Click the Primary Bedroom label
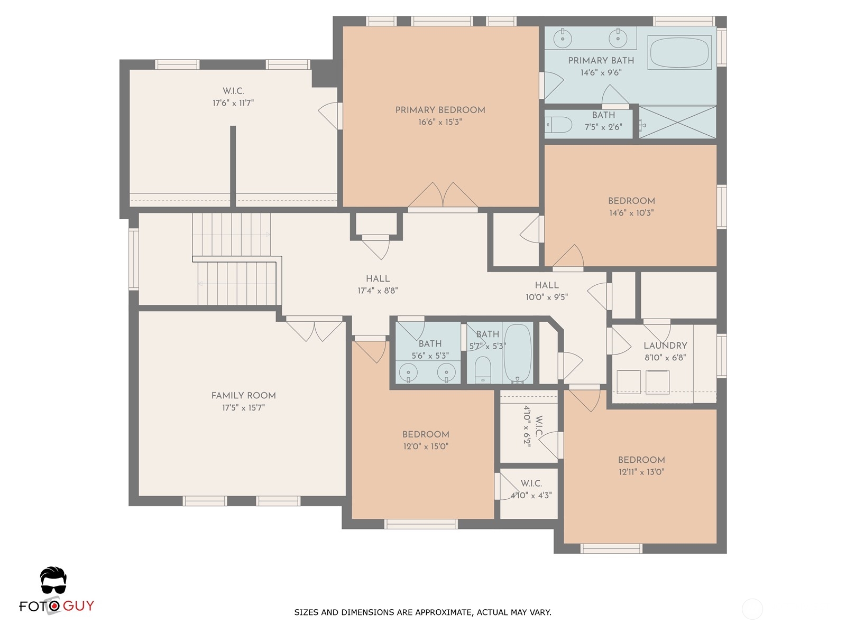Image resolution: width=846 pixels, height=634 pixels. click(440, 110)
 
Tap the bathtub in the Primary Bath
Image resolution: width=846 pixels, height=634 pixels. click(679, 53)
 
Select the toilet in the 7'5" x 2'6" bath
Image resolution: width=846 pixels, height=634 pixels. click(558, 125)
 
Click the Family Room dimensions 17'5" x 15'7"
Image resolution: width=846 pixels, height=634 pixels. click(243, 408)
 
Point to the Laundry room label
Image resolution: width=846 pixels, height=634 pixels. click(665, 346)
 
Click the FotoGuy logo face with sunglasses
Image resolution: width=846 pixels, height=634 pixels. click(53, 581)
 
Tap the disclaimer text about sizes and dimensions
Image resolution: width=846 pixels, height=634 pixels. click(423, 612)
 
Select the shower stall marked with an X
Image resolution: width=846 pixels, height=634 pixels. click(677, 122)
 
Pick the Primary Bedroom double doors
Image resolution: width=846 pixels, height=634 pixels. click(443, 197)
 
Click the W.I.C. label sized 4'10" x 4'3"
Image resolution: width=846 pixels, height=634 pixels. click(531, 489)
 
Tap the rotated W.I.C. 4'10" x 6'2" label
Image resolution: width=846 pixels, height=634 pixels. click(532, 426)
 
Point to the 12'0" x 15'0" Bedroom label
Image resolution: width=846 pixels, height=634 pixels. click(426, 441)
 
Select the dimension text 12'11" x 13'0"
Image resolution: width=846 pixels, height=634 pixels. click(641, 472)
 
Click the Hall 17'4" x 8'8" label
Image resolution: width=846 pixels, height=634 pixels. click(378, 284)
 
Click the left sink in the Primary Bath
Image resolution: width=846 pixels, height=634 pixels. click(563, 38)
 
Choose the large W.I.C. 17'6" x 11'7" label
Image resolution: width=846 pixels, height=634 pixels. click(233, 97)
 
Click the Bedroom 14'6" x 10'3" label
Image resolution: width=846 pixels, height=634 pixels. click(631, 207)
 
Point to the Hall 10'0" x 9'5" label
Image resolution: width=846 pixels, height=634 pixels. click(547, 291)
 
